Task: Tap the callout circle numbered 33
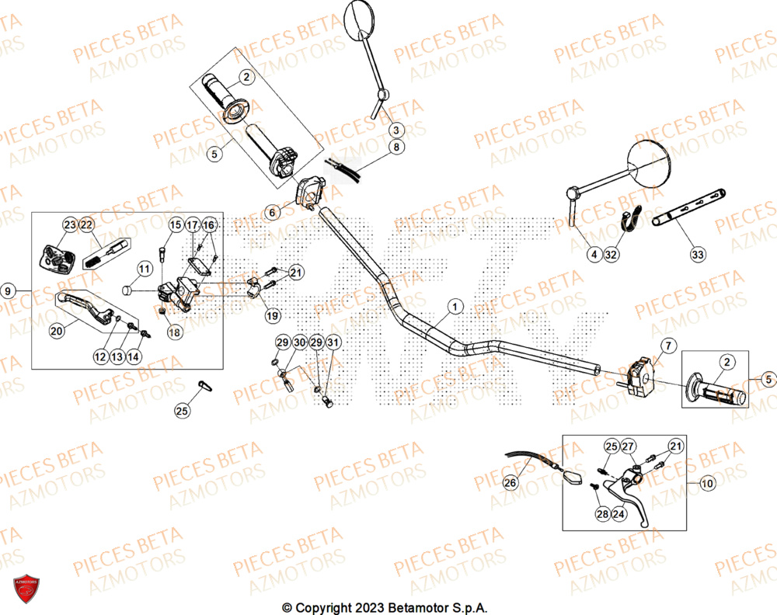point(697,254)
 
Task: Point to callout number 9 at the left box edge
point(9,290)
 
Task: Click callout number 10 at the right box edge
point(706,483)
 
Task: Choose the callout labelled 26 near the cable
point(510,483)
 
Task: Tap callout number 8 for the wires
point(395,147)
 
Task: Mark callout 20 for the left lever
point(57,331)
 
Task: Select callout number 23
point(70,225)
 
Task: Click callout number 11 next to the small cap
point(144,269)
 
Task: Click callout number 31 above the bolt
point(333,342)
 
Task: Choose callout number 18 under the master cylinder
point(174,332)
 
